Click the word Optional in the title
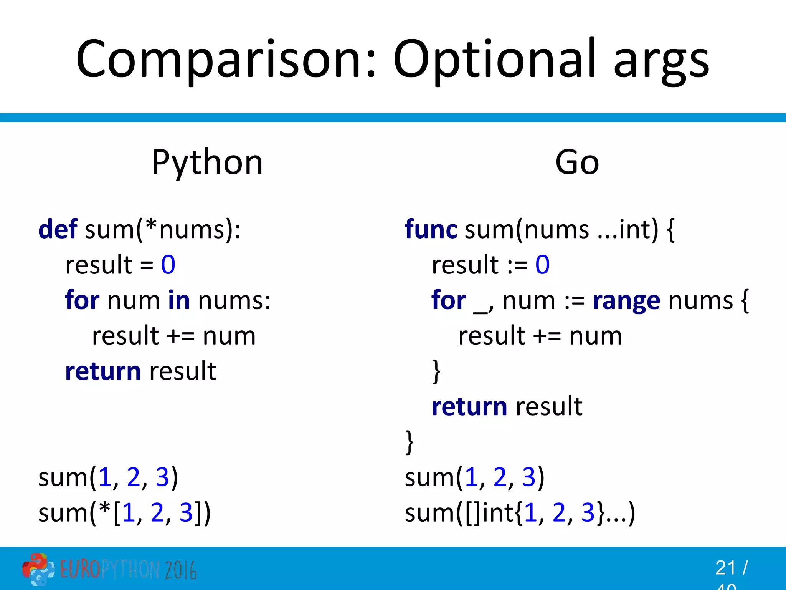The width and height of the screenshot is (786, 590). coord(495,60)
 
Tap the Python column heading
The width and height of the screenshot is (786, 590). coord(207,163)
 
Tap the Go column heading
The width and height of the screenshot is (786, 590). coord(577,163)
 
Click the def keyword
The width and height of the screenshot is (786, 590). coord(58,229)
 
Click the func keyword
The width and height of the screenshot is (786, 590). coord(431,229)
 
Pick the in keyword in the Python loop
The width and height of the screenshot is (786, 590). coord(179,300)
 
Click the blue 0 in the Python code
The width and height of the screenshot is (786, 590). coord(168,265)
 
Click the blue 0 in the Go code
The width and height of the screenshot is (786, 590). coord(542,265)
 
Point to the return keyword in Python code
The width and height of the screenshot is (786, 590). coord(103,371)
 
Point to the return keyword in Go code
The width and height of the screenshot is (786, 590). coord(469,407)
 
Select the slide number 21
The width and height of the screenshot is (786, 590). coord(725,568)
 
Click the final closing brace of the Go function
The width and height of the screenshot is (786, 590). coord(410,442)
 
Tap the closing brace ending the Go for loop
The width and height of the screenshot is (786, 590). coord(436,371)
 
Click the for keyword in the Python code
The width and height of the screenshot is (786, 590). coord(82,300)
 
